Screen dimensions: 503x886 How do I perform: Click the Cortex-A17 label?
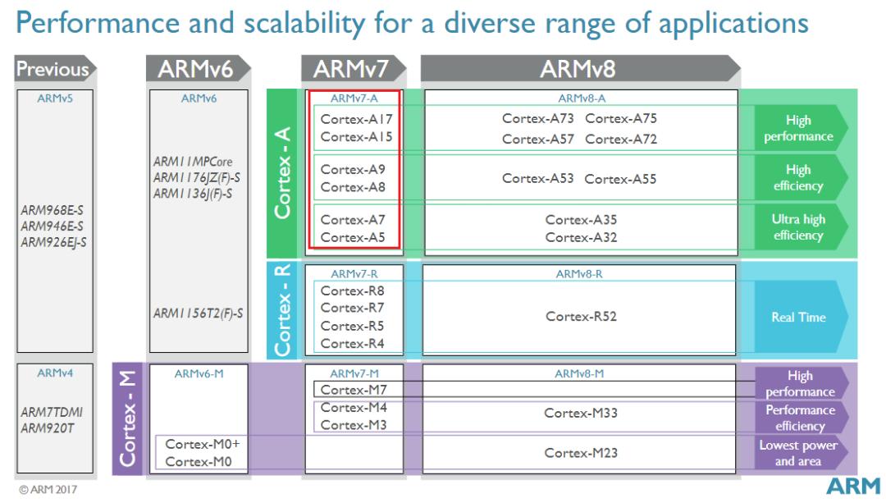(352, 119)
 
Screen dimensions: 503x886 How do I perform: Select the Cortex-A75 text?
(621, 119)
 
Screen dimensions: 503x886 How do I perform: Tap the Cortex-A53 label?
(538, 179)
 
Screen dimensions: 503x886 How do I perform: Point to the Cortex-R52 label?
(581, 317)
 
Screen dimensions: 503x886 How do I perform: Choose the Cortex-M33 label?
(581, 414)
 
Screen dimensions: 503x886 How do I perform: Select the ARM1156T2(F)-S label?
(197, 313)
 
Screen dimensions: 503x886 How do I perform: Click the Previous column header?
(53, 71)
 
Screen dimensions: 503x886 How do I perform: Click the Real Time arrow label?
(798, 318)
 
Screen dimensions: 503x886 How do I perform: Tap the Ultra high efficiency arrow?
(798, 227)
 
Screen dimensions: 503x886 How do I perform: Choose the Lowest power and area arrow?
(798, 453)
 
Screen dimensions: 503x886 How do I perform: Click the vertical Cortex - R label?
(284, 309)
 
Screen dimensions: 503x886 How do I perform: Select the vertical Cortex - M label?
(128, 420)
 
